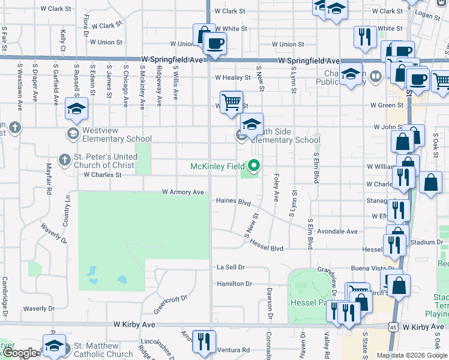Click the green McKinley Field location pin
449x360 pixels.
pyautogui.click(x=254, y=165)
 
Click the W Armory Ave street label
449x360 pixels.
pyautogui.click(x=183, y=192)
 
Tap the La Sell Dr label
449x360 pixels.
pyautogui.click(x=231, y=267)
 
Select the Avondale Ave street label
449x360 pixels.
pyautogui.click(x=337, y=232)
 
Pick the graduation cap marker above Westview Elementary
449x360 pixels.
pyautogui.click(x=77, y=108)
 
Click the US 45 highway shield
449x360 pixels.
pyautogui.click(x=391, y=326)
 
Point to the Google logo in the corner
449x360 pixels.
pyautogui.click(x=20, y=353)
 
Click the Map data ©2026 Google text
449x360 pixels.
pyautogui.click(x=411, y=355)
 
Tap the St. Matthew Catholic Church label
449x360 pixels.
pyautogui.click(x=103, y=350)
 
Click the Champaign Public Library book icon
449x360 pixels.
pyautogui.click(x=375, y=76)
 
